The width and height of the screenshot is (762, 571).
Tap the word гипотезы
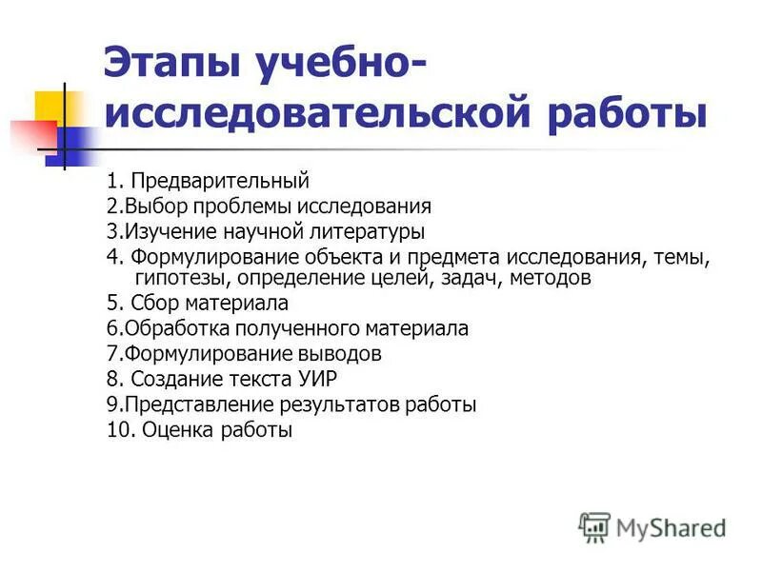180,278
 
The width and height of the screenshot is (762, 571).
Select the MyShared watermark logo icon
594,527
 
